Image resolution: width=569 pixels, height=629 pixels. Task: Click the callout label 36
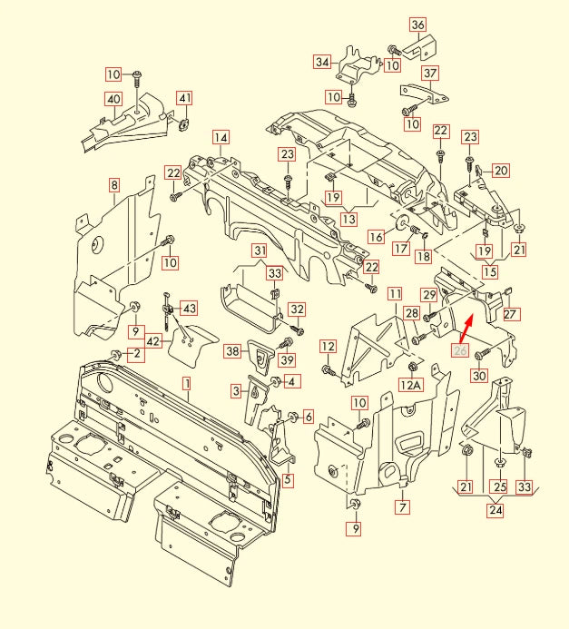[x=417, y=25]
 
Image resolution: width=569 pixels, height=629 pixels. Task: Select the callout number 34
[x=322, y=62]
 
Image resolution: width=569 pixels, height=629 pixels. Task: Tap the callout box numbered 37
[x=430, y=73]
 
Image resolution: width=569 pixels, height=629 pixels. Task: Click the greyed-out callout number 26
[x=460, y=352]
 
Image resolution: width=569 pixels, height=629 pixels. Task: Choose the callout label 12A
[x=411, y=385]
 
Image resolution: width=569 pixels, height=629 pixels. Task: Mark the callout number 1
[x=186, y=383]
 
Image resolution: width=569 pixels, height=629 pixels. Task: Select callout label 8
[x=114, y=185]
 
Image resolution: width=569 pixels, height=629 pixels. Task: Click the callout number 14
[x=221, y=137]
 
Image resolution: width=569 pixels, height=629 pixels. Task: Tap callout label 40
[x=113, y=98]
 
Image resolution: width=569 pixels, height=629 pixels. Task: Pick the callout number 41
[x=184, y=98]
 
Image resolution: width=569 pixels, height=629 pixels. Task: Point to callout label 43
[x=188, y=308]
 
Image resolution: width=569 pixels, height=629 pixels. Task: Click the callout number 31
[x=260, y=251]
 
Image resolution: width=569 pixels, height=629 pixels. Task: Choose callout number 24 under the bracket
[x=495, y=510]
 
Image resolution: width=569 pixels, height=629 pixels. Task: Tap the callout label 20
[x=501, y=170]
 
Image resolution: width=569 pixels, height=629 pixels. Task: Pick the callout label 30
[x=480, y=376]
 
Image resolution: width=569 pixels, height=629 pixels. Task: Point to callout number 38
[x=232, y=350]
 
